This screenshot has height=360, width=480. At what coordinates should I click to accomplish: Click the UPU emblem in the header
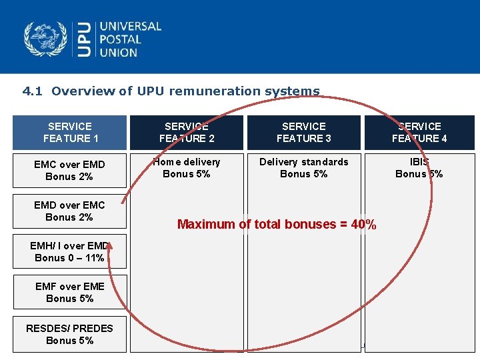click(45, 39)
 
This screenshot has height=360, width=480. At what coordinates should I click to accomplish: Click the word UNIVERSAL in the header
click(131, 27)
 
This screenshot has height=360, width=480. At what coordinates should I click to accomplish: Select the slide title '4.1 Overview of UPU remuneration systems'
click(171, 91)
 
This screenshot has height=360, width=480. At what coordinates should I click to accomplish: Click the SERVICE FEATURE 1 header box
click(70, 132)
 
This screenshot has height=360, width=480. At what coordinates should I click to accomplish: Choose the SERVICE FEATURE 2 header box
click(187, 132)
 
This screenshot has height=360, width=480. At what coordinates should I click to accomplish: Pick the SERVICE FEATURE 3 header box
click(304, 132)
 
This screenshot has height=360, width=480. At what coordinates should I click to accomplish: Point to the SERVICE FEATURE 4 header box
click(419, 132)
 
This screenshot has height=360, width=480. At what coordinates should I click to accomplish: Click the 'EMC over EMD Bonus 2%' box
click(70, 170)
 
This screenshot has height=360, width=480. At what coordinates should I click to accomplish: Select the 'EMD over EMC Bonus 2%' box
click(70, 211)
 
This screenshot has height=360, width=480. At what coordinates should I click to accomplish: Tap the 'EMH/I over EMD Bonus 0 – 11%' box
click(70, 251)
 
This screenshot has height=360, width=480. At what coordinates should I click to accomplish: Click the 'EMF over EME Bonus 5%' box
click(70, 292)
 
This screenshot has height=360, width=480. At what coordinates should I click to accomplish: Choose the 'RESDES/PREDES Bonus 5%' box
click(70, 333)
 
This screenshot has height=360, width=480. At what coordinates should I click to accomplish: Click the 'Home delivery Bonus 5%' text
click(187, 167)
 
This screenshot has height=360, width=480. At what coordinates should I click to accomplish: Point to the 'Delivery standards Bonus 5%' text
click(304, 167)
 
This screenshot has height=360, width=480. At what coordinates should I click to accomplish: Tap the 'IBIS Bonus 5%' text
click(419, 167)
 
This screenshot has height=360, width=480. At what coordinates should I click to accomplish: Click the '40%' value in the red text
click(362, 225)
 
